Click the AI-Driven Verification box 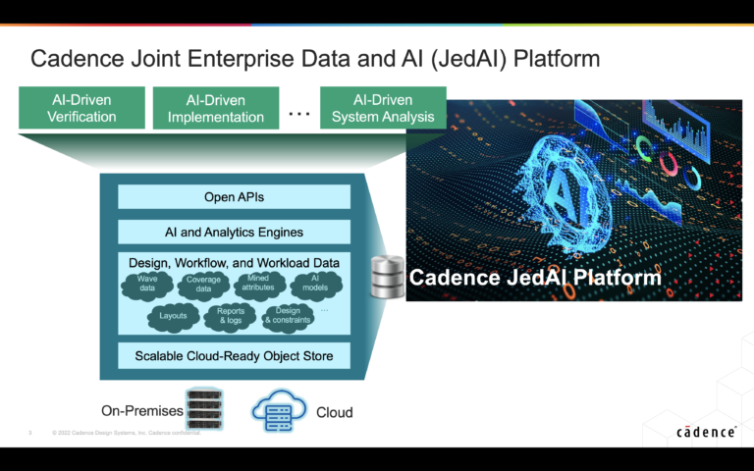coord(81,108)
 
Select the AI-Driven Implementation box coord(216,108)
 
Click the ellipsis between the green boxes coord(299,114)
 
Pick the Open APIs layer coord(234,197)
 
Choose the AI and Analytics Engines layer coord(234,233)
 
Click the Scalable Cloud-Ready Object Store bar coord(234,355)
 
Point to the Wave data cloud coord(147,286)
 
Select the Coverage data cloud coord(203,286)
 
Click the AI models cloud coord(315,286)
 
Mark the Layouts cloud coord(173,317)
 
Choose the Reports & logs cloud coord(229,317)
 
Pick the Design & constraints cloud coord(288,316)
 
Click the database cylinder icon coord(387,278)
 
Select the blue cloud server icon coord(279,411)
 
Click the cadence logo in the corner coord(706,432)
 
